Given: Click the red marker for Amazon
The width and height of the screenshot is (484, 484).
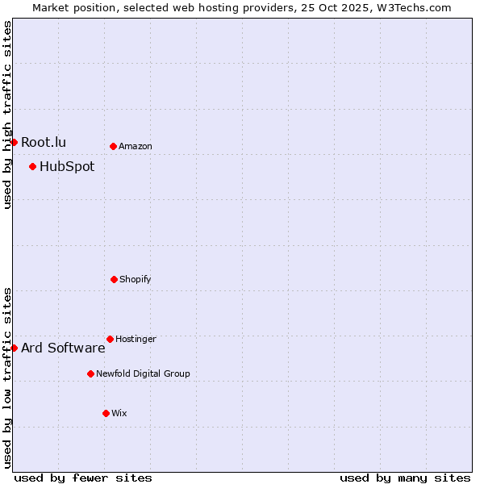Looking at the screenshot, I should [x=113, y=146].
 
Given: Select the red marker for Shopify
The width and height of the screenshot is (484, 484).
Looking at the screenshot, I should [x=114, y=279].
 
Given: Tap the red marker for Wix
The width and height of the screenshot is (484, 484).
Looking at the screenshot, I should [x=106, y=413].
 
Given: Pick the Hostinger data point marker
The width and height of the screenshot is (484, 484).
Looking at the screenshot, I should [x=110, y=339].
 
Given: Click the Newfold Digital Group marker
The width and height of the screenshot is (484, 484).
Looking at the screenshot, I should [x=90, y=373].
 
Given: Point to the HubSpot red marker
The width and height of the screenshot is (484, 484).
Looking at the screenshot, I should [x=32, y=166].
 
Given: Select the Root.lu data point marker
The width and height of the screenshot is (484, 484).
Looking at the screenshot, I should [x=14, y=142].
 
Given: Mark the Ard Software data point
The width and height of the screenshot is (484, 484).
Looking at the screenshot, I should [x=14, y=348].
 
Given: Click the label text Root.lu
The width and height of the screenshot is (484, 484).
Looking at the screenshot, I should [x=44, y=143].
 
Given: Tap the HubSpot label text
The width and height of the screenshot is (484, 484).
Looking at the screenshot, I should [x=67, y=167].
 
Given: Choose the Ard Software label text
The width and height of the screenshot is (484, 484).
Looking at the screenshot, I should [x=63, y=348].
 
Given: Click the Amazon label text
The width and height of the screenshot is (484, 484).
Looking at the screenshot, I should [x=136, y=147].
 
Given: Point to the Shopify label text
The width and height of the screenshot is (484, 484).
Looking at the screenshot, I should [x=136, y=280].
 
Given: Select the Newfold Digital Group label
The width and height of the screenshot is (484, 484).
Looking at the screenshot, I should [x=143, y=374].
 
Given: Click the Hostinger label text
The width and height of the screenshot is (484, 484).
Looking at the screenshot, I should [x=136, y=340].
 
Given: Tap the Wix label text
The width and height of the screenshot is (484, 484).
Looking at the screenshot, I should [x=119, y=414].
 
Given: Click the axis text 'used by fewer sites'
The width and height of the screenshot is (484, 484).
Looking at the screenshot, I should [x=83, y=478].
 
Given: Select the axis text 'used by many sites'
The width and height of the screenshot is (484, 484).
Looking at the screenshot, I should [x=405, y=478].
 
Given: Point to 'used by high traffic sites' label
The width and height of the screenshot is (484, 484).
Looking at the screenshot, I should [x=7, y=115].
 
